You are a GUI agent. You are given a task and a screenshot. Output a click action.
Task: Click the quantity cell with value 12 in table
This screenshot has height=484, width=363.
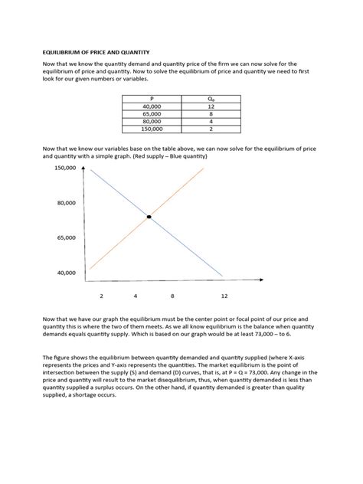[211, 106]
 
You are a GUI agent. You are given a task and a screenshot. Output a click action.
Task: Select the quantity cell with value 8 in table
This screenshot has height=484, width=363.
[211, 114]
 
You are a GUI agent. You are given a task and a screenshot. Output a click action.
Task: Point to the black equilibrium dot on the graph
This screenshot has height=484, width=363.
[149, 217]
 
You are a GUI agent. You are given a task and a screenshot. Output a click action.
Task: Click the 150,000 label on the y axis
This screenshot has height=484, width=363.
[64, 168]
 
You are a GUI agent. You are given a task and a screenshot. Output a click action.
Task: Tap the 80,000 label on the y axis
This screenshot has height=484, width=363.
[66, 203]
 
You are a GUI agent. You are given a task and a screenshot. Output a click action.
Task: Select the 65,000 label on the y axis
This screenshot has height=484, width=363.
[66, 237]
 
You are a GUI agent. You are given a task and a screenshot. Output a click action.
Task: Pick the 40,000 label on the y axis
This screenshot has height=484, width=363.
[66, 272]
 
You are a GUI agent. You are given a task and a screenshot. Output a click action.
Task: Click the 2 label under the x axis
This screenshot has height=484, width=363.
[101, 295]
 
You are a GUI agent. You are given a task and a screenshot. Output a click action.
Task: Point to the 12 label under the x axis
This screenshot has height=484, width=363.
[224, 295]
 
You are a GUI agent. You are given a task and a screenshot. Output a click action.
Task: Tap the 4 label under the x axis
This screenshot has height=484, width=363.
[136, 295]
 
